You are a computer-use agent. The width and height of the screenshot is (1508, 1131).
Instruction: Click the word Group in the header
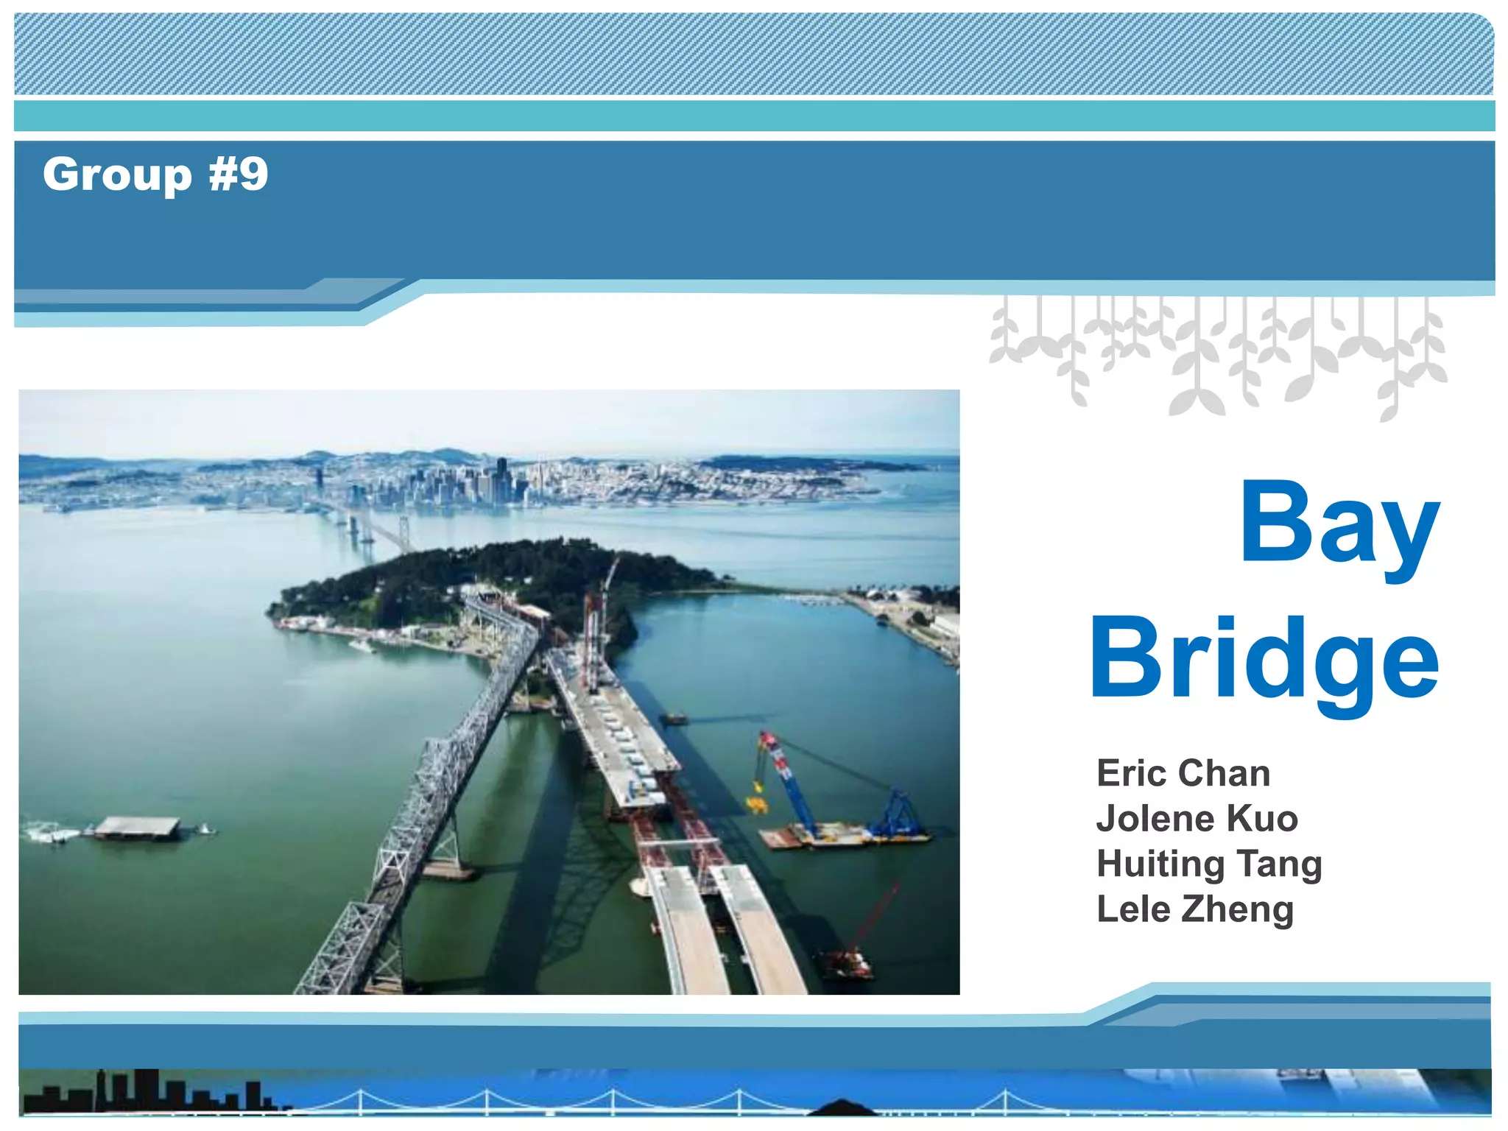[117, 175]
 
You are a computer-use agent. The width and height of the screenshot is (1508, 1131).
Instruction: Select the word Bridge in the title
[1264, 660]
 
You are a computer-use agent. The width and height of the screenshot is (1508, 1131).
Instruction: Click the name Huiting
[1159, 864]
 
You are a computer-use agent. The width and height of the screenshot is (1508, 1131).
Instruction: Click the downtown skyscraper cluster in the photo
[471, 482]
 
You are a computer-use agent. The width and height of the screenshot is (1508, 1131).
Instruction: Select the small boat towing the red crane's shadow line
[674, 718]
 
